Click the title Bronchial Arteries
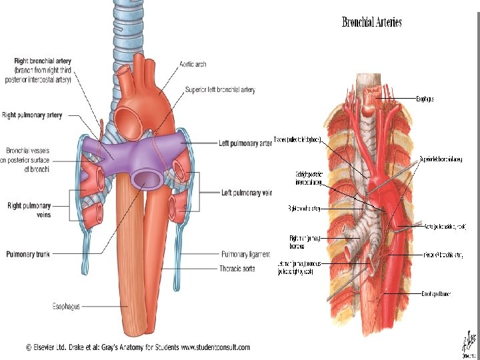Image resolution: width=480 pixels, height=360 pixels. coord(372,22)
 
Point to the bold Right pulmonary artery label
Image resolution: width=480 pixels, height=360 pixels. coord(31,115)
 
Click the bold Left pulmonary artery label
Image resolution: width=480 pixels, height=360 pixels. coord(245,143)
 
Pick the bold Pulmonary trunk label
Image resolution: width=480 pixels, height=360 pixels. coord(33,254)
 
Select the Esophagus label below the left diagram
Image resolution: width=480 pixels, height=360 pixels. coord(66,306)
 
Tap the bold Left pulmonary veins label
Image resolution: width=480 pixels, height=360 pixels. coord(247,193)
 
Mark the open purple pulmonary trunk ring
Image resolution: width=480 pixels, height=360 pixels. coord(145,178)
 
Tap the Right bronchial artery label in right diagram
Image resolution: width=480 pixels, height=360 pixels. coord(305,209)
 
